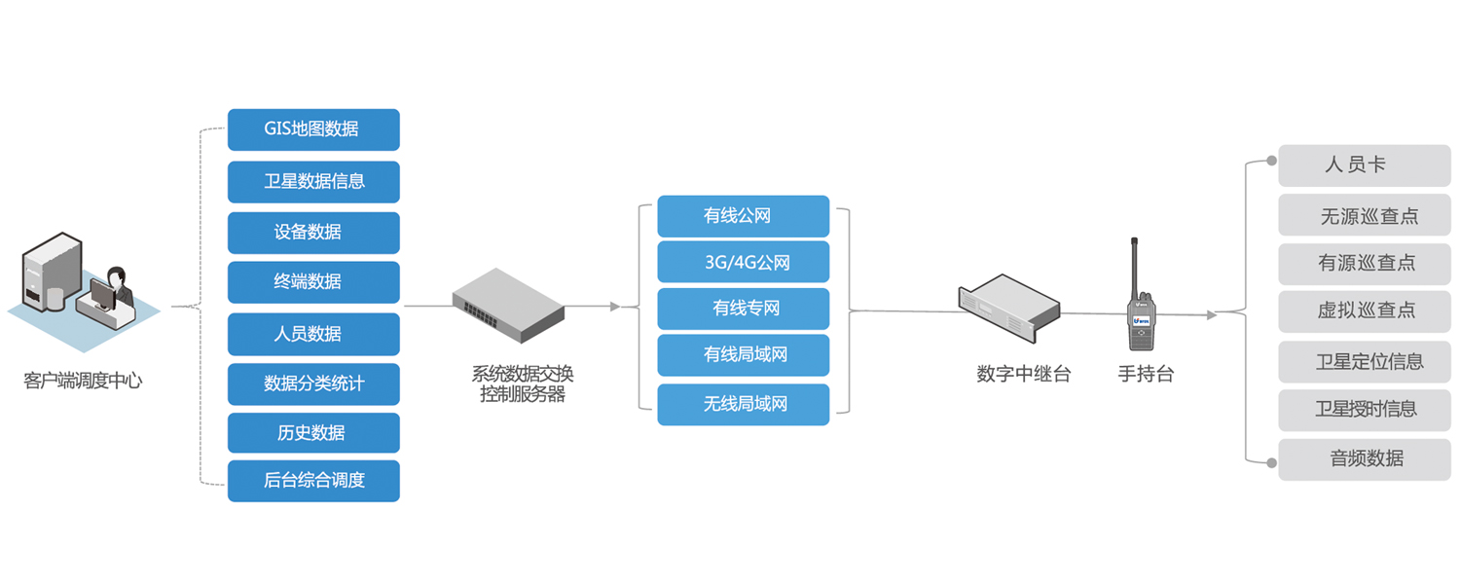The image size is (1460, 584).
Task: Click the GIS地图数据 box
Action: (x=313, y=129)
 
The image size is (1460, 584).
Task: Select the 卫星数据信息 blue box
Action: (x=313, y=181)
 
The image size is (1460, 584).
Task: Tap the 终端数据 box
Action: (x=313, y=282)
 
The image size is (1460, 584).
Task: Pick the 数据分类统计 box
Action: (x=313, y=383)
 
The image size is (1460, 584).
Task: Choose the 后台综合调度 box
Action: (x=313, y=481)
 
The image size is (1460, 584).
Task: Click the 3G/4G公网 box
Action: (x=743, y=262)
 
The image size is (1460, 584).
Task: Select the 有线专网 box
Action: (x=743, y=309)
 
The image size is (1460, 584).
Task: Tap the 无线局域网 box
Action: (x=743, y=404)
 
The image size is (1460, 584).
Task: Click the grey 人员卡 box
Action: (x=1364, y=165)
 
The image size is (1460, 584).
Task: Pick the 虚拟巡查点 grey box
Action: (x=1364, y=310)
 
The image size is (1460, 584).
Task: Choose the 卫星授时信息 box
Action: (x=1364, y=409)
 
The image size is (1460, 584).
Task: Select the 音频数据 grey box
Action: (x=1364, y=458)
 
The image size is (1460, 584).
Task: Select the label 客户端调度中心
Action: (x=83, y=381)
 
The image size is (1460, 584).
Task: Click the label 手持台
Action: (x=1146, y=374)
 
